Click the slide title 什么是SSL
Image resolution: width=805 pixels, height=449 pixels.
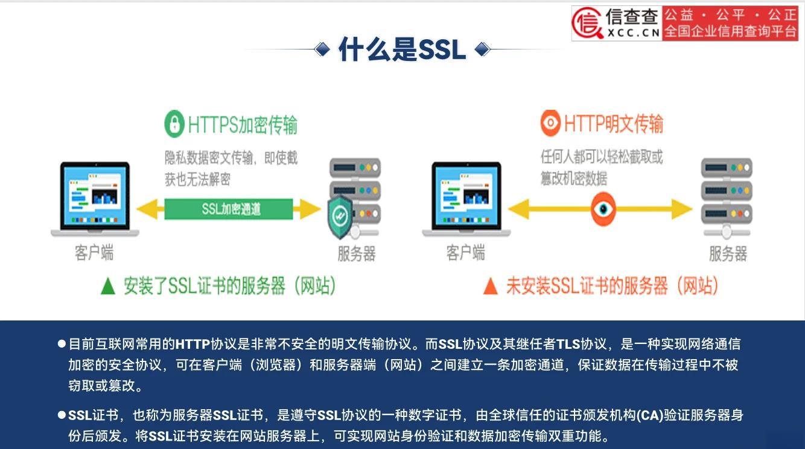(x=402, y=49)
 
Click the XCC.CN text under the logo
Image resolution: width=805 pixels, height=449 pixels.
(x=633, y=33)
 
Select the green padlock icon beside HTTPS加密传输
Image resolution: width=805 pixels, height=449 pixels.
(x=174, y=124)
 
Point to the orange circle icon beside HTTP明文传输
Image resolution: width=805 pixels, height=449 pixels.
(x=550, y=123)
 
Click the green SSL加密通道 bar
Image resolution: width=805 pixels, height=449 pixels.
(x=229, y=209)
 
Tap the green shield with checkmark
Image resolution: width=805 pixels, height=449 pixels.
(x=340, y=217)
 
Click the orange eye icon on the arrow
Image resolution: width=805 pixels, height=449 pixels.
(x=603, y=209)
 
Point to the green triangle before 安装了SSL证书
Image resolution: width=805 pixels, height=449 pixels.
(x=108, y=287)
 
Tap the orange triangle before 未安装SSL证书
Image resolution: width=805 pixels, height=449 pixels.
(x=491, y=287)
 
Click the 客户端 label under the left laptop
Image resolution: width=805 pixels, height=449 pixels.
(x=94, y=252)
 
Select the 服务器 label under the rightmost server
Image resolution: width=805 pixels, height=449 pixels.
(x=728, y=253)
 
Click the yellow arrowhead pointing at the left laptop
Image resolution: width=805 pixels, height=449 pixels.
(x=148, y=209)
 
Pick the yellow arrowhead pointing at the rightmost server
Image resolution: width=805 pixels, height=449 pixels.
(x=682, y=209)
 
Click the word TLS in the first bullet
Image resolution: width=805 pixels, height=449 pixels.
(x=568, y=344)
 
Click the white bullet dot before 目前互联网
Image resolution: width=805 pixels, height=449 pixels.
(x=62, y=343)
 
